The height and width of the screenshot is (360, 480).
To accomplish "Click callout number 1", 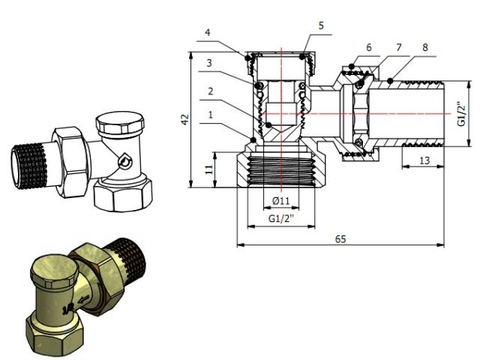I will click(x=211, y=115).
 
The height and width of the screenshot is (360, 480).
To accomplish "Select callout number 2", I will click(x=211, y=91).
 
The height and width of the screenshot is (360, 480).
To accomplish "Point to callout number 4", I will click(x=207, y=32).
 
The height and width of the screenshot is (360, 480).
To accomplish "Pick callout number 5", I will click(x=320, y=25).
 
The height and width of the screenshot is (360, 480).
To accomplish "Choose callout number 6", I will click(x=368, y=46).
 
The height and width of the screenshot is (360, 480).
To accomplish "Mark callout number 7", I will click(x=399, y=46).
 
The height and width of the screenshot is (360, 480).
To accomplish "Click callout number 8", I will click(x=425, y=46).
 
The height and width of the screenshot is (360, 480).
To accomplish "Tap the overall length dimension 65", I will click(x=340, y=238).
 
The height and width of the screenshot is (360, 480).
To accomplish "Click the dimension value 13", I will click(x=423, y=160).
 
